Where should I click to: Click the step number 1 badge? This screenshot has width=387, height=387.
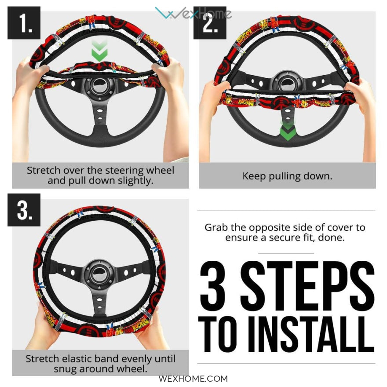click(24, 23)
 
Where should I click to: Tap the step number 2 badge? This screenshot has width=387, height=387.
click(210, 23)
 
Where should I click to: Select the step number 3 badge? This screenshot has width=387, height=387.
click(24, 210)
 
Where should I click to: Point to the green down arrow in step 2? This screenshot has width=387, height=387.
click(288, 131)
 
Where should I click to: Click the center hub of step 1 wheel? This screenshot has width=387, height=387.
click(100, 86)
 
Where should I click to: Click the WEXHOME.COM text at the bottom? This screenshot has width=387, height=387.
click(193, 379)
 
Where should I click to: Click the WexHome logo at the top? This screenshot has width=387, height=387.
click(193, 13)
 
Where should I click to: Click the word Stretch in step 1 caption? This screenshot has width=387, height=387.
click(44, 170)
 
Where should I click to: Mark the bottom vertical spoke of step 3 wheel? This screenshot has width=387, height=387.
click(99, 303)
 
